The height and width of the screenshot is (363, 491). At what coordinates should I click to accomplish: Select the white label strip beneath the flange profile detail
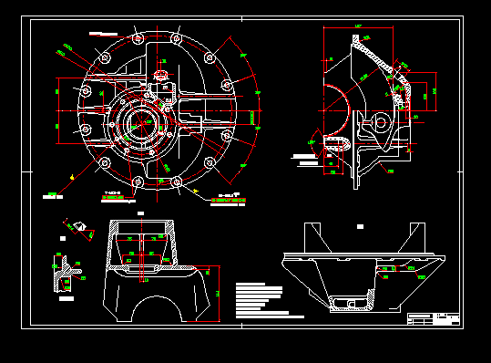pos(63,296)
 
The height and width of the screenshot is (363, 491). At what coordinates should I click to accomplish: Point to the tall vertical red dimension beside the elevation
pos(217,290)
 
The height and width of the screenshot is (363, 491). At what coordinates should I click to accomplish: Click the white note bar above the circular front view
pos(97,33)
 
